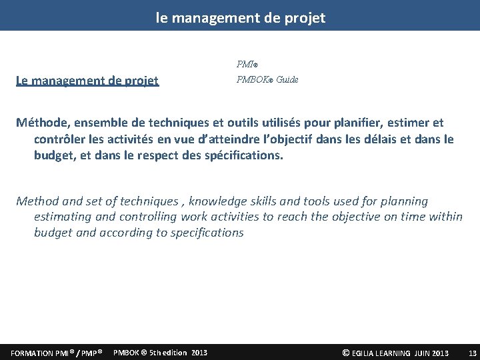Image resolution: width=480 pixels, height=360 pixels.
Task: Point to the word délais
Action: [x=381, y=139]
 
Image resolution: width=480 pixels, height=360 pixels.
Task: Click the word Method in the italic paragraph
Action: [x=38, y=201]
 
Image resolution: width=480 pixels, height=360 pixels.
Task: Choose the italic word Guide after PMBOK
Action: [x=287, y=80]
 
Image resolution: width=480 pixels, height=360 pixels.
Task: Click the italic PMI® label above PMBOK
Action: [x=247, y=65]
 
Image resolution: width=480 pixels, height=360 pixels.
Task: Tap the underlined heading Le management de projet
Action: [x=87, y=81]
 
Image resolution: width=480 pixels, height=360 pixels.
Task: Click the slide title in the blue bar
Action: [x=241, y=18]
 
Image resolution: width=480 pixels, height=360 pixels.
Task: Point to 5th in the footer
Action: [x=155, y=352]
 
